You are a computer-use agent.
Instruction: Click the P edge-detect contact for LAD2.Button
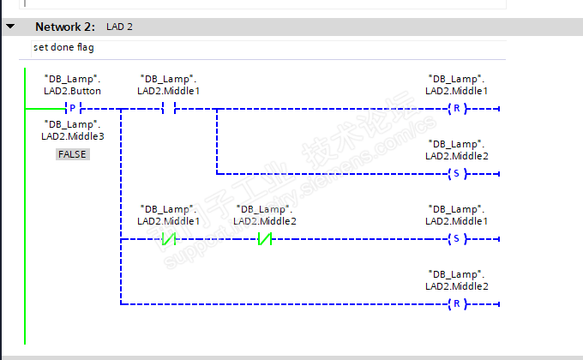coord(73,109)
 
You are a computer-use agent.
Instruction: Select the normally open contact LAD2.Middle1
coord(169,109)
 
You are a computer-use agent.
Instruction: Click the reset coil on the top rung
coord(458,109)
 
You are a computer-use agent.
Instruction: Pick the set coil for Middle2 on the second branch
coord(458,174)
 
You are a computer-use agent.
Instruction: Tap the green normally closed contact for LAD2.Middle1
coord(169,239)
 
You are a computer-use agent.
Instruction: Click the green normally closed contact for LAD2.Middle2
coord(265,239)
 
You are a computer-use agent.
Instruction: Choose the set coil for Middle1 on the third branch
coord(458,239)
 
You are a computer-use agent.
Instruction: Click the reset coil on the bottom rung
coord(458,304)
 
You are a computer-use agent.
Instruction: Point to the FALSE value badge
coord(73,154)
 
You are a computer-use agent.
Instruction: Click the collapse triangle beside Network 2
coord(10,27)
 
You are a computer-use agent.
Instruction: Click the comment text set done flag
coord(63,47)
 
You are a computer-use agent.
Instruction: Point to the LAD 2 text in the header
coord(119,27)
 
